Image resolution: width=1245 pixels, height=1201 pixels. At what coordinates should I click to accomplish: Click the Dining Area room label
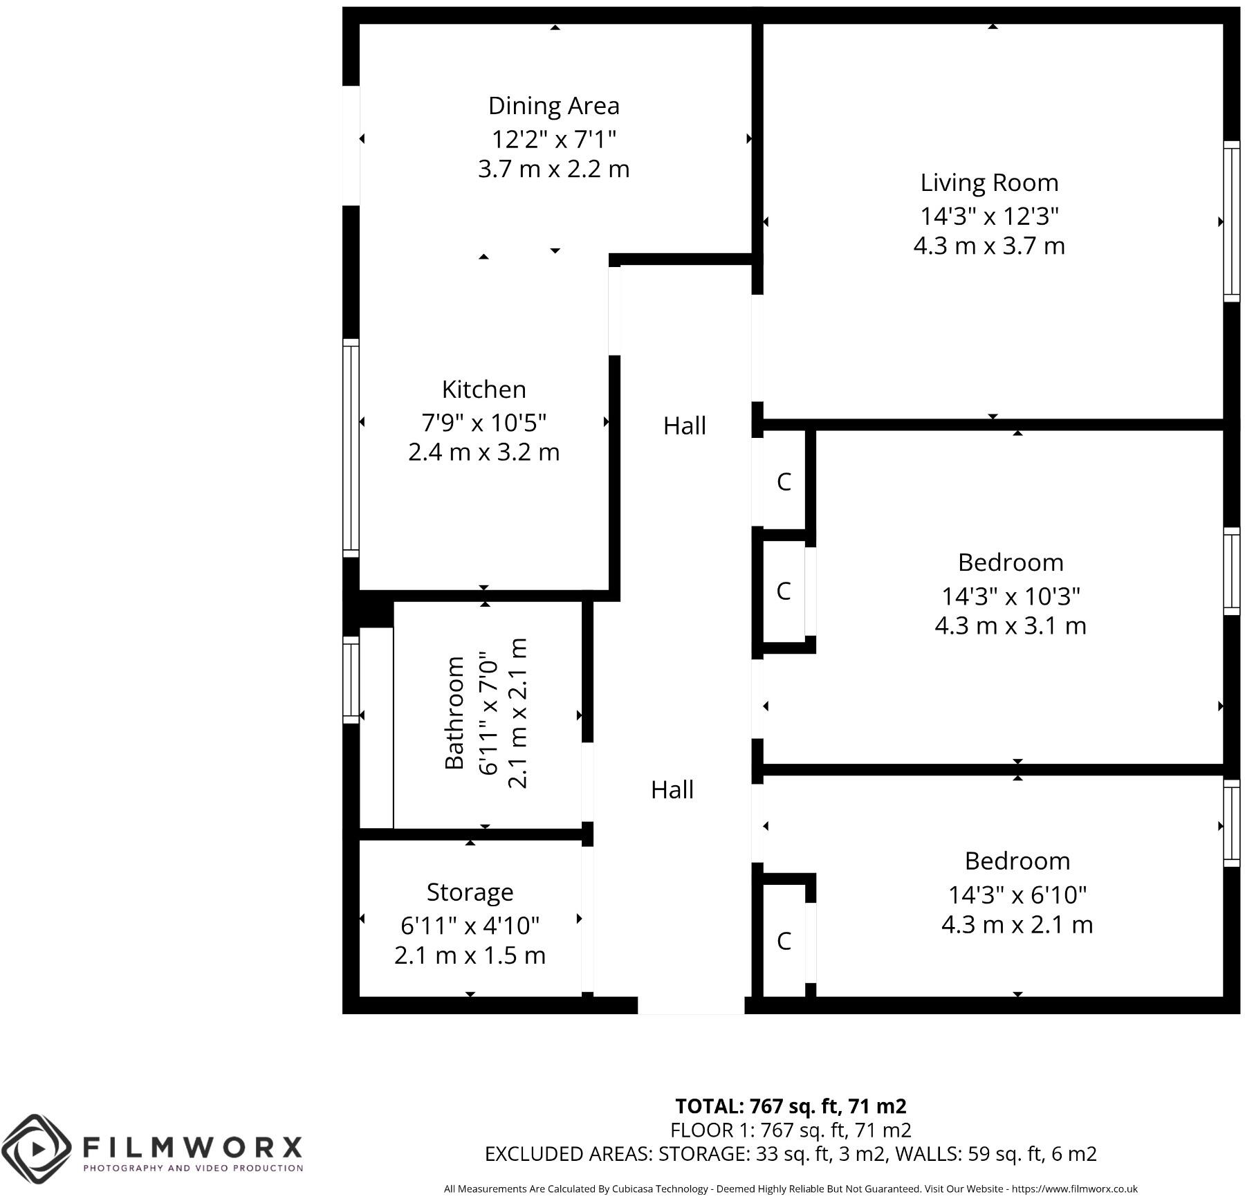coord(553,106)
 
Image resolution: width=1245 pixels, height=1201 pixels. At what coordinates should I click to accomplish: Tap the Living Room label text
coord(989,183)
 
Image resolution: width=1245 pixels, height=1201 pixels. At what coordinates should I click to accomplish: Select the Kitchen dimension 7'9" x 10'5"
coord(483,421)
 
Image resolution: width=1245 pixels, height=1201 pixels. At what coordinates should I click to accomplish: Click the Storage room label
coord(470,892)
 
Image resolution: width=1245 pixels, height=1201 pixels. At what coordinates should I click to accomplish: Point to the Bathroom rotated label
coord(454,713)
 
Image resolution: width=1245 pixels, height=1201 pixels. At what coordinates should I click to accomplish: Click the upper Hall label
coord(684,425)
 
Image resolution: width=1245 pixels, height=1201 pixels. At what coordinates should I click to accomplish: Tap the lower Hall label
coord(672,789)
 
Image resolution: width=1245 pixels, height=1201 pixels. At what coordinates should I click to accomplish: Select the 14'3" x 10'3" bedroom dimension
coord(1011,596)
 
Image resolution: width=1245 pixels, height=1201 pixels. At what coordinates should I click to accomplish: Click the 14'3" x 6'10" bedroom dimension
coord(1017,895)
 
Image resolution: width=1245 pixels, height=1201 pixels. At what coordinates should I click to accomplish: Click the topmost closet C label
coord(783,482)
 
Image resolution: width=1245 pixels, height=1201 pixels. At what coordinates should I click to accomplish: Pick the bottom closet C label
coord(783,941)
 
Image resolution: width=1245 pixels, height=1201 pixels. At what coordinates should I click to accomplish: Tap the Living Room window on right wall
coord(1231,221)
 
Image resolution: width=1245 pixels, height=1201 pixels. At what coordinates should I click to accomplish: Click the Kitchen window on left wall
coord(351,448)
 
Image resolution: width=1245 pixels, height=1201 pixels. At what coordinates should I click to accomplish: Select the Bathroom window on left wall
coord(351,680)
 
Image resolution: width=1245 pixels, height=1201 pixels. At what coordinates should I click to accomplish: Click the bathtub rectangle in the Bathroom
coord(376,728)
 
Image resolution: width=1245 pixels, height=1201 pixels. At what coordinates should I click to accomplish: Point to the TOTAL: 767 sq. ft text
coord(790,1107)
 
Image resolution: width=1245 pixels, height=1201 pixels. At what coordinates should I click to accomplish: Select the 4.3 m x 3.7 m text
coord(989,246)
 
